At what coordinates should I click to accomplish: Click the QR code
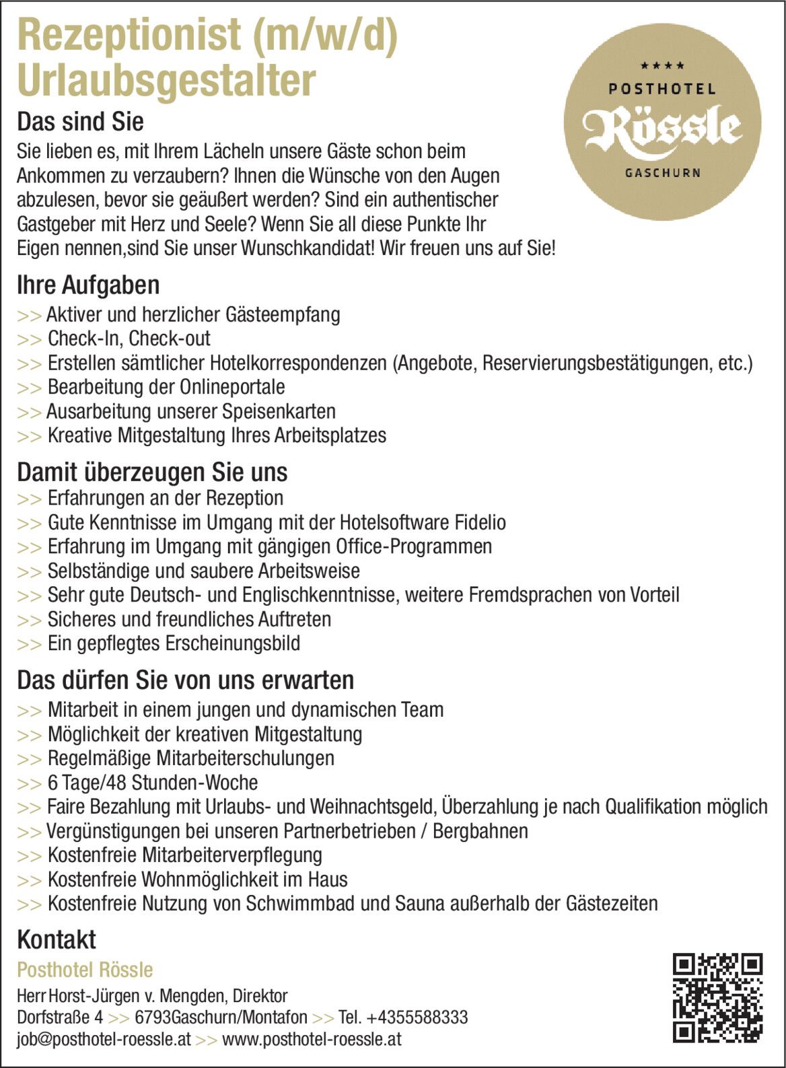(717, 997)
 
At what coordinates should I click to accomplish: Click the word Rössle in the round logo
(662, 128)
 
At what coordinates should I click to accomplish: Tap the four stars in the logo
(662, 66)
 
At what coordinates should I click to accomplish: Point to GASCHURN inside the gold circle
(663, 173)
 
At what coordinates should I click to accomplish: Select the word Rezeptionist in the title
(129, 35)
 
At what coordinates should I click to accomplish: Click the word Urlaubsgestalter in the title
(166, 80)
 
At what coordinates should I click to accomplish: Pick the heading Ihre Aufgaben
(88, 285)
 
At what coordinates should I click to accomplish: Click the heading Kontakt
(57, 939)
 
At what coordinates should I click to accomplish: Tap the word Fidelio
(480, 522)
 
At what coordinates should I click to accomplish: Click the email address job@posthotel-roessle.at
(104, 1039)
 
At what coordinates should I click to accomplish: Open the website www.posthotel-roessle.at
(312, 1039)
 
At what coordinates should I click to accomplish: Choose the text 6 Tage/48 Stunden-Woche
(153, 783)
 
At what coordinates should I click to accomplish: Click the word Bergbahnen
(480, 831)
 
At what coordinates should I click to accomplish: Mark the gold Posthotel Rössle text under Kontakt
(85, 970)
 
